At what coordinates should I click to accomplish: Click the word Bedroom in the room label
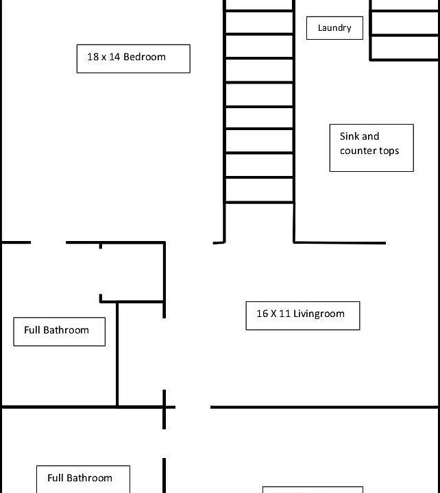[145, 57]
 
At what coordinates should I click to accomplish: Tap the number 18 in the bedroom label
[93, 57]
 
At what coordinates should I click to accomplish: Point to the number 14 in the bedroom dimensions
[114, 57]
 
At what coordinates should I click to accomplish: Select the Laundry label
[334, 28]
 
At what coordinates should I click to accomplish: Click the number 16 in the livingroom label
[262, 314]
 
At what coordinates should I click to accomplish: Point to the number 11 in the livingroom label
[284, 314]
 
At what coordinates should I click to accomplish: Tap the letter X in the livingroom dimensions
[273, 314]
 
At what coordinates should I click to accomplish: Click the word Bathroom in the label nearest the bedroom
[66, 330]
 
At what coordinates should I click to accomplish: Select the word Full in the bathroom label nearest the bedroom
[32, 330]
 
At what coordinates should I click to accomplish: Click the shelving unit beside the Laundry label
[404, 31]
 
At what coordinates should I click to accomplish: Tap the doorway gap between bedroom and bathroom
[48, 242]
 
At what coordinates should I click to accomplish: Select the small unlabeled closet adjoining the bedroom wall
[132, 273]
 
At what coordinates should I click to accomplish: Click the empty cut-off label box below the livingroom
[313, 490]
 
